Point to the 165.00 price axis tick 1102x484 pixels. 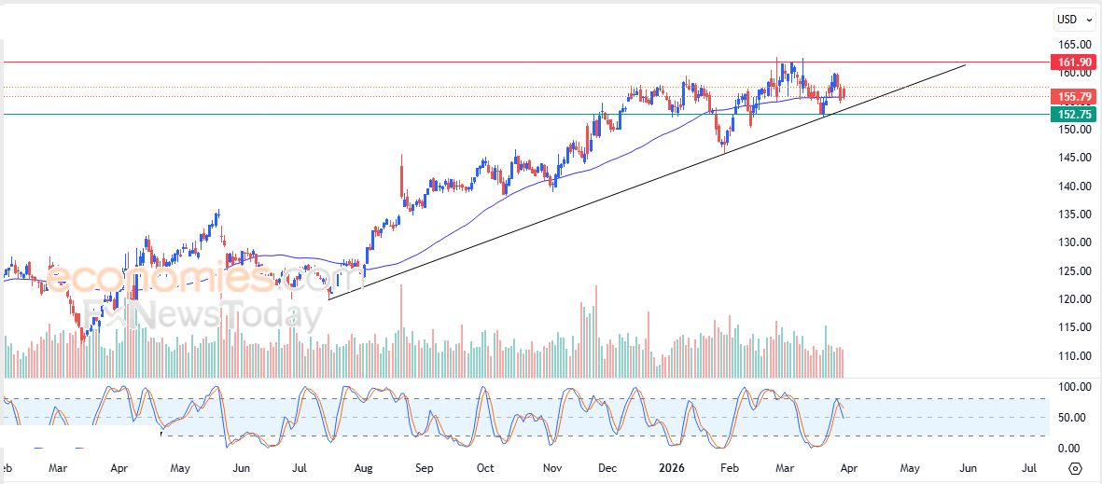pos(1074,45)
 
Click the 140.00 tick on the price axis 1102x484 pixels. pos(1074,186)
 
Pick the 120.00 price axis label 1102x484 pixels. pos(1074,299)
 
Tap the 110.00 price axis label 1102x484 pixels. pos(1074,356)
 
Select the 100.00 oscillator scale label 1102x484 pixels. pos(1074,386)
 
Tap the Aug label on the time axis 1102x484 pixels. pos(363,468)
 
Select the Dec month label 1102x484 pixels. pos(607,468)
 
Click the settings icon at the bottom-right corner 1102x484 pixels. pos(1075,468)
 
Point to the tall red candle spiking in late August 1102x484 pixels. pos(402,177)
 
